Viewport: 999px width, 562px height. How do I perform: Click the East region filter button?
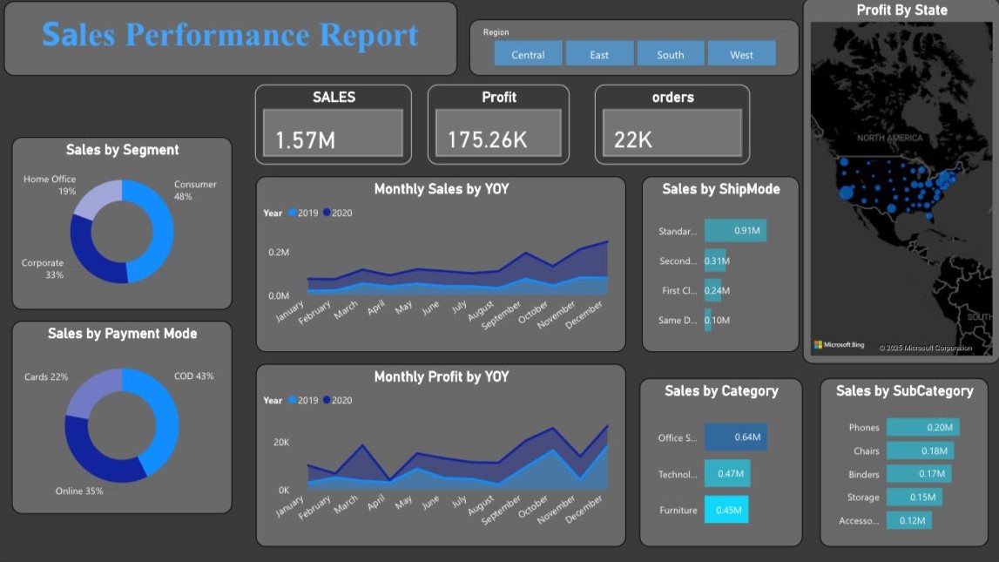click(x=599, y=54)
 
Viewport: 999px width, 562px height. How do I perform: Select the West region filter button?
click(x=741, y=54)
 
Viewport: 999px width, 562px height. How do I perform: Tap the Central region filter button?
click(x=528, y=54)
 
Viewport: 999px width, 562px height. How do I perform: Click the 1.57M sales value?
click(x=306, y=139)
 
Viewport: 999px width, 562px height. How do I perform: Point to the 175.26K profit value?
click(x=487, y=139)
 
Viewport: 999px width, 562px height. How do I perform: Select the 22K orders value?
click(x=633, y=139)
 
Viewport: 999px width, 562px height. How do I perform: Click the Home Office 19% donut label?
click(x=50, y=185)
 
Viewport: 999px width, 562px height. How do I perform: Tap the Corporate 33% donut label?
click(x=43, y=268)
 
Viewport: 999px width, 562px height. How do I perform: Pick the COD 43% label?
click(x=193, y=376)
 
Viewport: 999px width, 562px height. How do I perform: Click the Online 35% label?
click(x=79, y=491)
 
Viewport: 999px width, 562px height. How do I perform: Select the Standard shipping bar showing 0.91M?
click(x=735, y=231)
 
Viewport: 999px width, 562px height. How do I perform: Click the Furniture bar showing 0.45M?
click(x=726, y=510)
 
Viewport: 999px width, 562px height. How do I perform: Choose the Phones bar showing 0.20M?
click(x=922, y=427)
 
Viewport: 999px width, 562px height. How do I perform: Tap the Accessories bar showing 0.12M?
click(x=908, y=520)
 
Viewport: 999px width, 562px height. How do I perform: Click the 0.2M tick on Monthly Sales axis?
click(x=279, y=253)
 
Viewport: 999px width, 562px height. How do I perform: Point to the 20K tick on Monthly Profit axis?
click(x=280, y=443)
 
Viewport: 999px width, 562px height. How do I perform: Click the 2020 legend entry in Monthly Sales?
click(x=337, y=213)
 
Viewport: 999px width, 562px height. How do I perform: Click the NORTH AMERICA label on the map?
click(x=888, y=139)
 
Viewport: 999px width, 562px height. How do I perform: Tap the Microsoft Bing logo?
click(x=839, y=345)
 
